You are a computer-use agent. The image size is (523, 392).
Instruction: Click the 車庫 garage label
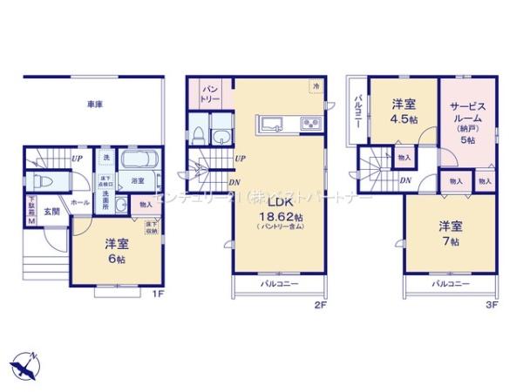(x=95, y=105)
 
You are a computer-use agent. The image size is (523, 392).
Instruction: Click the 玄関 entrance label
(x=51, y=211)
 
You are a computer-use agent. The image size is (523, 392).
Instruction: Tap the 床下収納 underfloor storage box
(x=149, y=229)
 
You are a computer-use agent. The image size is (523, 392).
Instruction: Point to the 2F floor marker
(x=319, y=306)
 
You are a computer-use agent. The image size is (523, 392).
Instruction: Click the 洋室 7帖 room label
(x=450, y=233)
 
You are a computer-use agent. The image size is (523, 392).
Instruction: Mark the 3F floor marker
(x=491, y=306)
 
